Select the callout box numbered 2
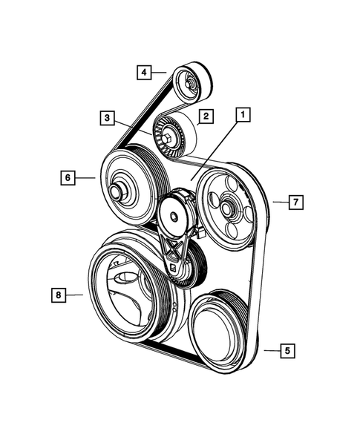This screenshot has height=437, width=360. point(206,116)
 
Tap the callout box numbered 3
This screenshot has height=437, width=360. point(108,117)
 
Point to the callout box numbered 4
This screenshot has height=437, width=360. point(144,72)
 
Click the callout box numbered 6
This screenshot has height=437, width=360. point(67,177)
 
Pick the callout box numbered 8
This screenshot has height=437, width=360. point(56,295)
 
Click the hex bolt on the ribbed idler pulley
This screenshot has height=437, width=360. point(168,138)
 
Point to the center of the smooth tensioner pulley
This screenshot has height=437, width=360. point(174,216)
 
